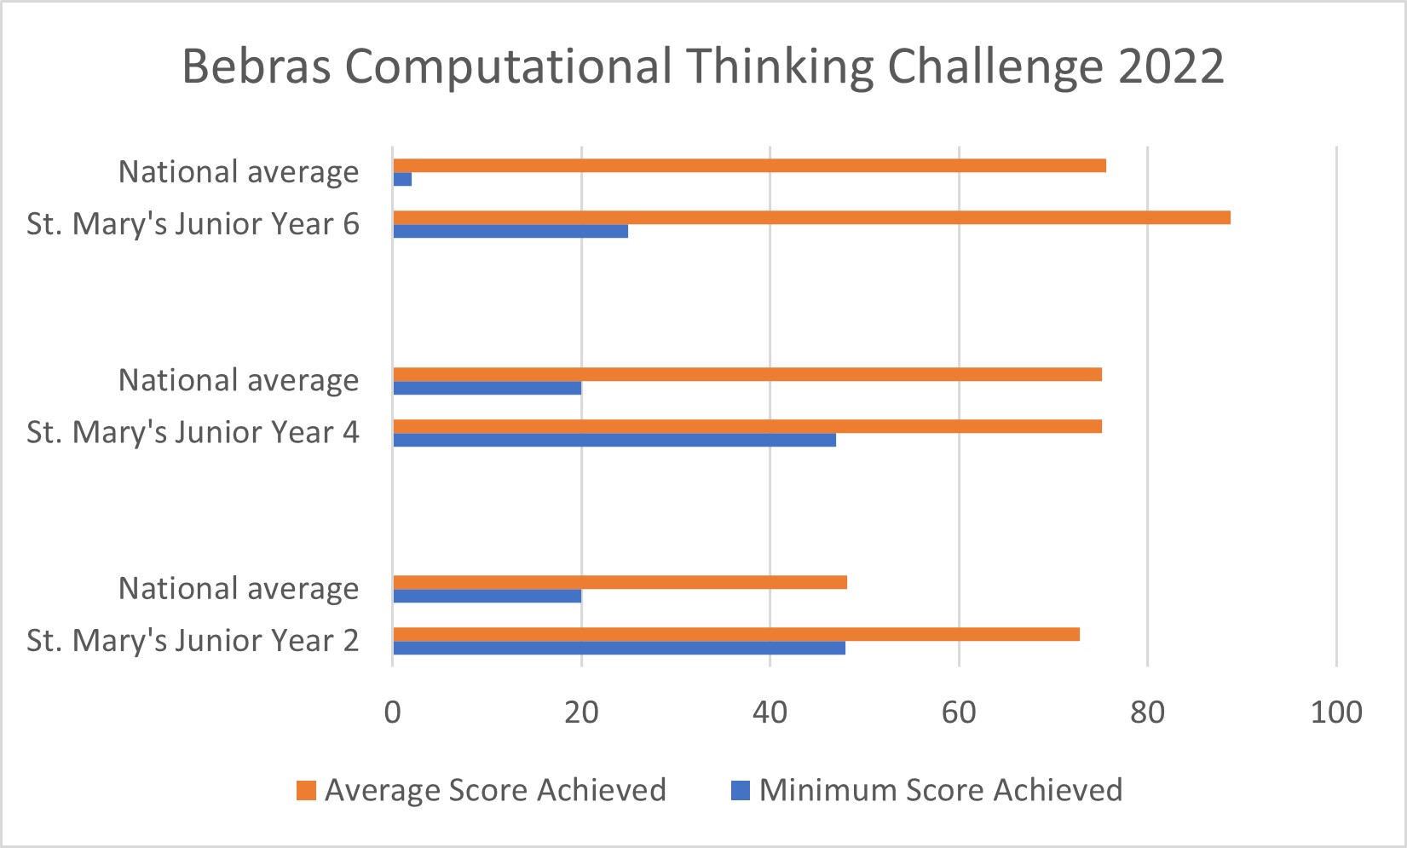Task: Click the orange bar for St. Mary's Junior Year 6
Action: (x=811, y=217)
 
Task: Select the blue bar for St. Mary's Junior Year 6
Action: (x=510, y=231)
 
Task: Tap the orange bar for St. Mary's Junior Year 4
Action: (x=747, y=426)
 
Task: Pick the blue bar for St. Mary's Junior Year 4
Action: (x=614, y=440)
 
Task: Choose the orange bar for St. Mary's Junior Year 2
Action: (x=736, y=634)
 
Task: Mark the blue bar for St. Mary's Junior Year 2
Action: (x=620, y=648)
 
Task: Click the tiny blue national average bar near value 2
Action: (x=403, y=179)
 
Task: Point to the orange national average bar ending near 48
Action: (x=620, y=582)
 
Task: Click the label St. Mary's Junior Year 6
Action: (x=193, y=224)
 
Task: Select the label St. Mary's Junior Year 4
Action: (x=193, y=433)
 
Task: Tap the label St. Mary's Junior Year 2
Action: (x=193, y=641)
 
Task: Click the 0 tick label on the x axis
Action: (x=393, y=712)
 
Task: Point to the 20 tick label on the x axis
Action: (x=581, y=712)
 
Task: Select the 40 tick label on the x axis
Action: (x=770, y=712)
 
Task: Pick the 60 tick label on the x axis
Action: (x=959, y=712)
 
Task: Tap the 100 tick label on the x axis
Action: (x=1335, y=712)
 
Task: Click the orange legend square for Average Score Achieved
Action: (x=306, y=791)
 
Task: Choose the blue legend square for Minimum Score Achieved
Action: (x=741, y=791)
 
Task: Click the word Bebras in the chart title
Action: (x=257, y=66)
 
